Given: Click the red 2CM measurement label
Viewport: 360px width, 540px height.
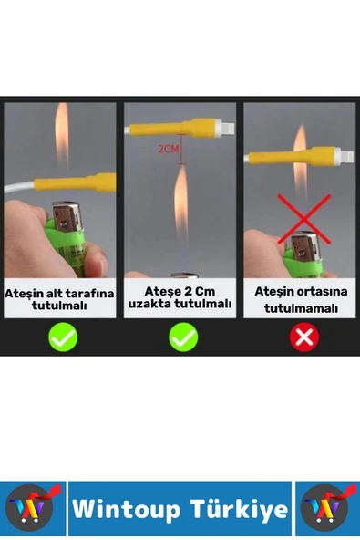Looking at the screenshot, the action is [x=169, y=149].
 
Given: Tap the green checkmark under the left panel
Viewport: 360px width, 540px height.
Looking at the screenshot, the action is [x=63, y=337].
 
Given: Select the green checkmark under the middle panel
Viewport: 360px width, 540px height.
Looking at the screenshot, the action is [x=183, y=337].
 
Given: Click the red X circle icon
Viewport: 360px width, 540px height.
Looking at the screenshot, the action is [x=304, y=337].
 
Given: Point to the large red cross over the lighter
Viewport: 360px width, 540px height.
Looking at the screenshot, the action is [x=303, y=219].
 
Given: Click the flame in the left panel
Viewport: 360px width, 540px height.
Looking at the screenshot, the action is [x=62, y=136].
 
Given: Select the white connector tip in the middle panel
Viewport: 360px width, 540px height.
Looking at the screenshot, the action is [x=225, y=128].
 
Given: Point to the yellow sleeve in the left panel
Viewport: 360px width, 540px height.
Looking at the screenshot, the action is [x=75, y=182].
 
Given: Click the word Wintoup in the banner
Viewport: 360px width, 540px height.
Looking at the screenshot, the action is [x=127, y=509].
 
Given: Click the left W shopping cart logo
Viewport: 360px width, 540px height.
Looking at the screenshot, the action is [x=33, y=508].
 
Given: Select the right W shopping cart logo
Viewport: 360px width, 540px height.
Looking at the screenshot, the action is [x=327, y=508].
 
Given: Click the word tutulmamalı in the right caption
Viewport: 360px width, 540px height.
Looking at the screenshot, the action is [x=301, y=308].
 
